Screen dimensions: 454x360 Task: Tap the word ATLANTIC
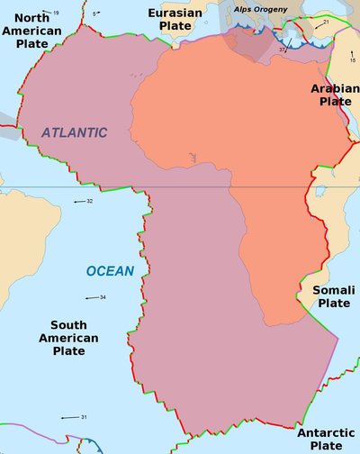click(74, 132)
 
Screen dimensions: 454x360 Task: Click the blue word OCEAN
click(110, 271)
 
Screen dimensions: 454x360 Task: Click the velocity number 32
click(90, 201)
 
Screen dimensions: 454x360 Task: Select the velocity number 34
click(103, 297)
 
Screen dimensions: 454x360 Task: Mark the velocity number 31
click(84, 417)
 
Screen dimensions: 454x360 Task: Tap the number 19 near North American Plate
click(55, 13)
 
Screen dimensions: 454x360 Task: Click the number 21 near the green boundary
click(326, 22)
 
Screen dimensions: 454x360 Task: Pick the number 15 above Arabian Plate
click(353, 59)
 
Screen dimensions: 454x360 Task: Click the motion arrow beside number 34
click(91, 297)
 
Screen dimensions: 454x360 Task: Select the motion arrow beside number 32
click(78, 202)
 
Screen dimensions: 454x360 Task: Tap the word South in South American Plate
click(69, 325)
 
